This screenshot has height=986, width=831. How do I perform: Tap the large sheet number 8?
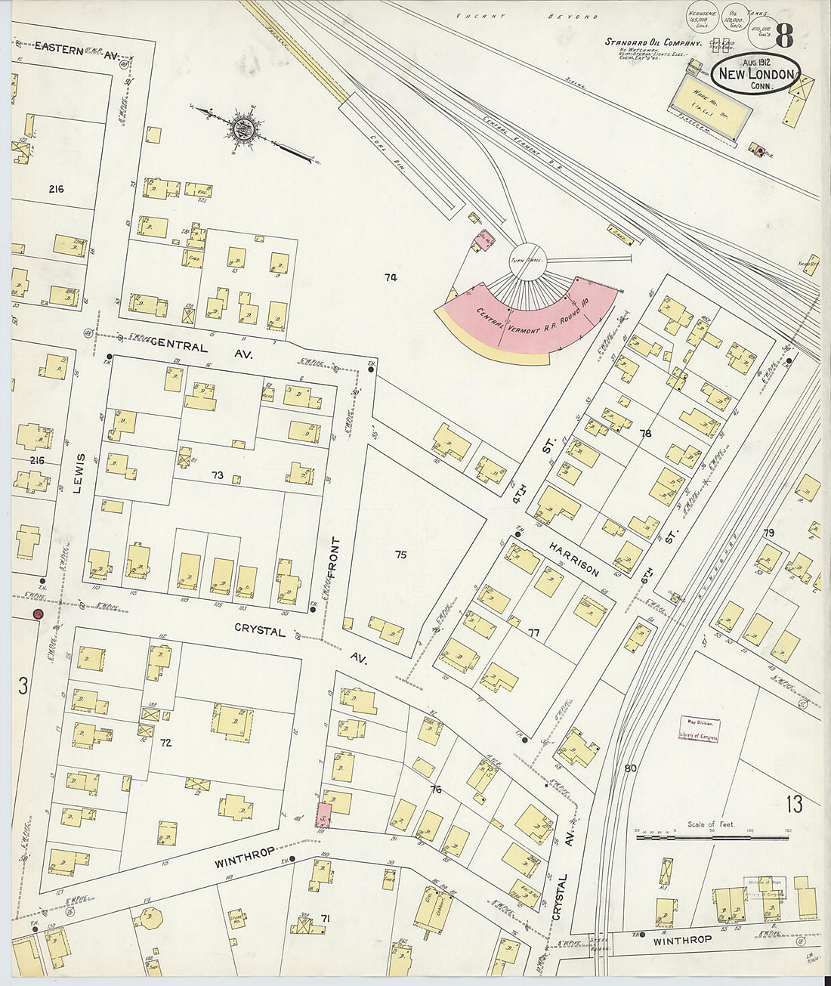pos(783,36)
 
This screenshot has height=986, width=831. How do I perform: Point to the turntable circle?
pos(527,259)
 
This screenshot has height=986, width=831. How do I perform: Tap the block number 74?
pos(390,277)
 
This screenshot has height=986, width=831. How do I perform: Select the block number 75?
pos(400,555)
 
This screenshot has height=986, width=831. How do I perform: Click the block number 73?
pos(218,475)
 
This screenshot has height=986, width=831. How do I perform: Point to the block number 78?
pos(644,434)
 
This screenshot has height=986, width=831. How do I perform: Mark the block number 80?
pos(631,768)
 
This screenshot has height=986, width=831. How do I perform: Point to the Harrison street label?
pos(573,558)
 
